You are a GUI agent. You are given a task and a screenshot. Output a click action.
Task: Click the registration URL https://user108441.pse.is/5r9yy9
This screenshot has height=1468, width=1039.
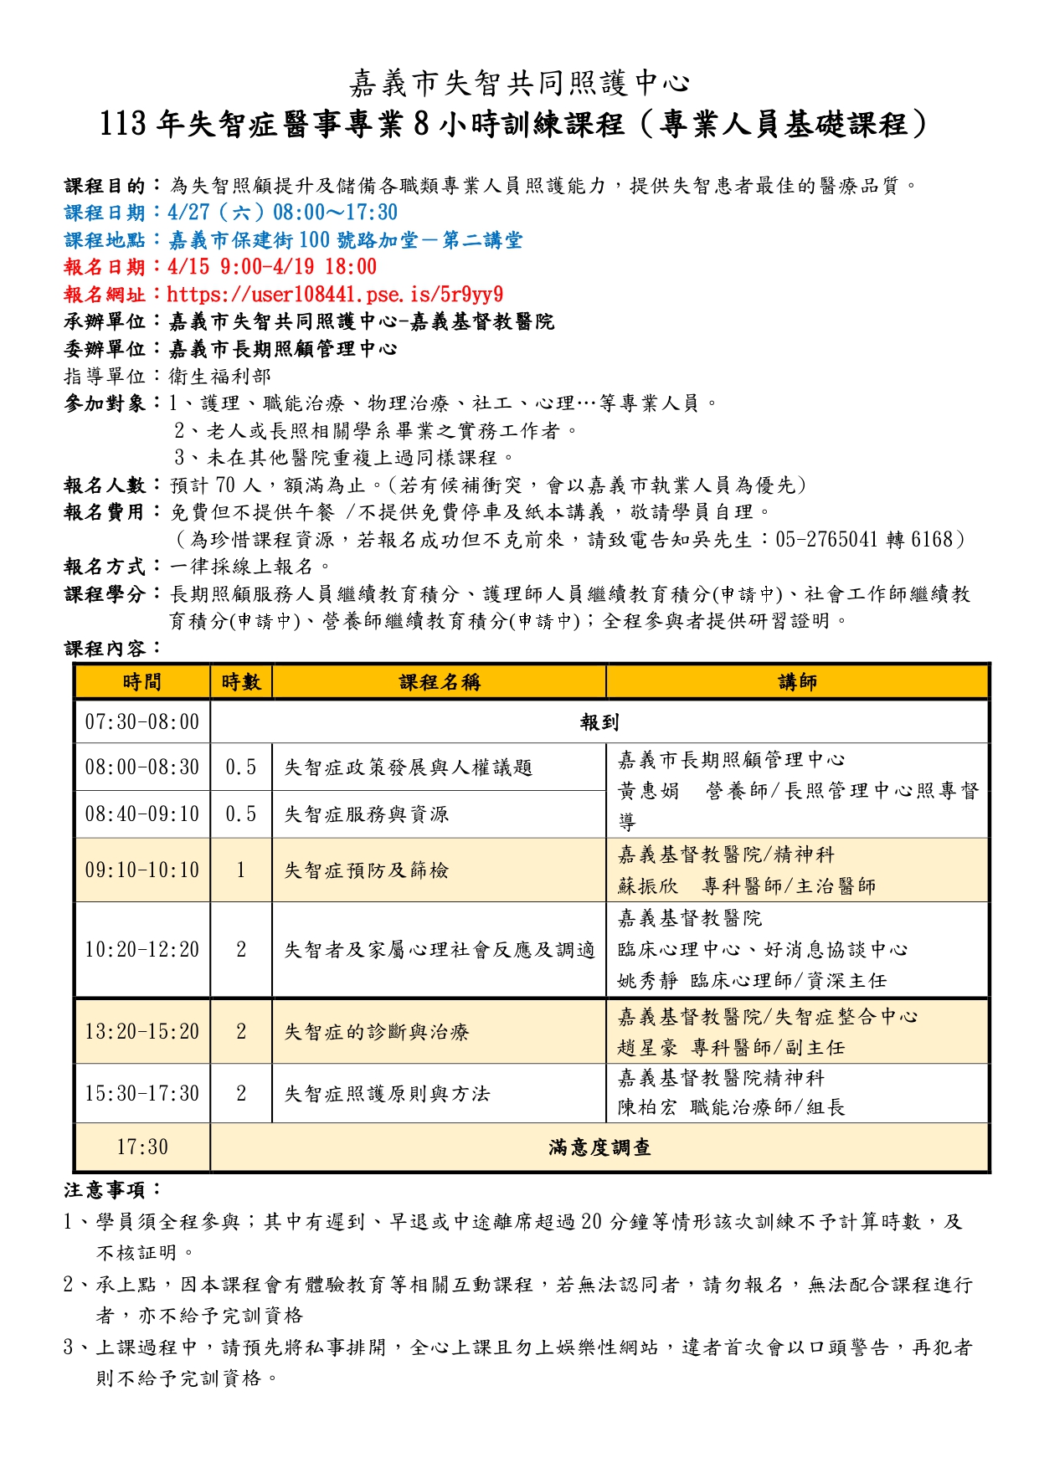click(x=335, y=295)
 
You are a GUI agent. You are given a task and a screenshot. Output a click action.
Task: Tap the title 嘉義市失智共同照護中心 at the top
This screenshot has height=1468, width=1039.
click(x=519, y=83)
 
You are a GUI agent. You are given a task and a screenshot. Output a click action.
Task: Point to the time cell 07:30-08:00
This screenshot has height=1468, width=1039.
click(x=142, y=722)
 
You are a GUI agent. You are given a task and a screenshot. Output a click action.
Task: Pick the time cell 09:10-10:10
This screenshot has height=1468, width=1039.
click(x=142, y=870)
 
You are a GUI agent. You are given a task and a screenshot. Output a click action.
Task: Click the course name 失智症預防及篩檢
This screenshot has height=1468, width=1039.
click(x=367, y=870)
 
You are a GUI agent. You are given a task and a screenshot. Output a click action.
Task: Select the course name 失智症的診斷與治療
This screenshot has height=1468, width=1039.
click(x=377, y=1032)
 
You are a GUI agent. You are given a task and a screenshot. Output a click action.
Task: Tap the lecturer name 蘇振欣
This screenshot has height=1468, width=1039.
click(x=648, y=886)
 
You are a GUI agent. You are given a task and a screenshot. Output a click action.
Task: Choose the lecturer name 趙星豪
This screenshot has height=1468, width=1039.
click(x=647, y=1048)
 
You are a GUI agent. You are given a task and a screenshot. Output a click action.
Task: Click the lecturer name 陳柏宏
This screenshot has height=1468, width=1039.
click(x=647, y=1108)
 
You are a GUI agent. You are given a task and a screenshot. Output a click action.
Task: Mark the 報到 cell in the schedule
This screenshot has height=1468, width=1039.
click(x=599, y=722)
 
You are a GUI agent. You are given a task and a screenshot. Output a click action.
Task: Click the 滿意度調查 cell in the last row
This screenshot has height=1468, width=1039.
click(x=599, y=1147)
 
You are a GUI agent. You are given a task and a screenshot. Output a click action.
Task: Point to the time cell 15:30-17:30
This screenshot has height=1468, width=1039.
click(x=142, y=1094)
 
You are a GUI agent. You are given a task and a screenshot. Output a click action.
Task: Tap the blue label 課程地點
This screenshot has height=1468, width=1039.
click(x=105, y=240)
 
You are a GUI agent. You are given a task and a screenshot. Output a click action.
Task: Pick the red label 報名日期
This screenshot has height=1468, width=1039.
click(x=105, y=267)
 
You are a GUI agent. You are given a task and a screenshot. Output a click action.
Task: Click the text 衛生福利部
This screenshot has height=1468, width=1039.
click(x=220, y=377)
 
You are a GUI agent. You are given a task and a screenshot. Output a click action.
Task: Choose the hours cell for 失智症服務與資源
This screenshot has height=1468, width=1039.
click(x=241, y=814)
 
